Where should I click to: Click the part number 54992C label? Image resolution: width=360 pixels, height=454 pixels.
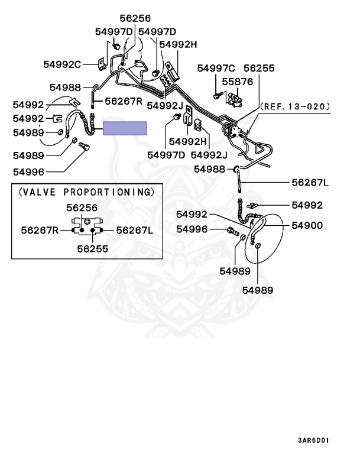coord(61,64)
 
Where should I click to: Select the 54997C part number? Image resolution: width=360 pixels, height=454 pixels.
coord(216,69)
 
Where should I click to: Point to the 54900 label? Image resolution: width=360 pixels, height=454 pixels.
coord(307,225)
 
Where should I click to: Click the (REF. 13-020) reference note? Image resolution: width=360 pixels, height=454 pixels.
coord(294,107)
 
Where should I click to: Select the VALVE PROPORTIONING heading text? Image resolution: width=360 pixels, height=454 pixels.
coord(86,192)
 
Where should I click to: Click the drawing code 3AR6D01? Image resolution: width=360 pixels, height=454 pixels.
coord(313,440)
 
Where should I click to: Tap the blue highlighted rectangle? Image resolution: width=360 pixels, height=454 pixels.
coord(125,128)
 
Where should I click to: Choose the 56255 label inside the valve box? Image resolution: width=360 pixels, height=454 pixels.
coord(92,249)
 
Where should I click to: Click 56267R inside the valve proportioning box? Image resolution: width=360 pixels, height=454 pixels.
coord(40,229)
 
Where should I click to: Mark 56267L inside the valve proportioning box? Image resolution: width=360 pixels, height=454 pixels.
coord(134,229)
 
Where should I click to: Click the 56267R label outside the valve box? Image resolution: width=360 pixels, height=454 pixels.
coord(124,101)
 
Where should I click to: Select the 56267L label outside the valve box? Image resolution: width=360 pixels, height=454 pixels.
coord(310,183)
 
